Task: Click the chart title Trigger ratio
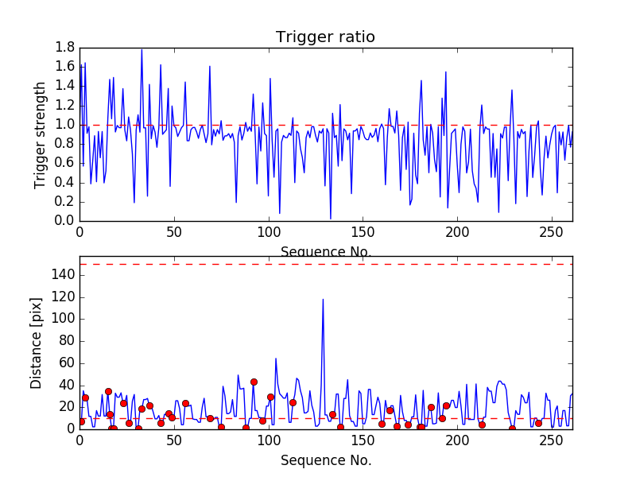coord(325,37)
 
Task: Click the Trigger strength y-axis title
coord(41,135)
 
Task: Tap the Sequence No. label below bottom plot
coord(325,460)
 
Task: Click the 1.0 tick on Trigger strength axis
coord(65,125)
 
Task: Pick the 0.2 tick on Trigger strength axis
coord(65,202)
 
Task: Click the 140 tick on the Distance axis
coord(62,275)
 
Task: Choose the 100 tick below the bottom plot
coord(269,441)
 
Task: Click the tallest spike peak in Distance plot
coord(323,299)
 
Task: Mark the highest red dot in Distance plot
coord(254,382)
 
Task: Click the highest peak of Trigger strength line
coord(142,49)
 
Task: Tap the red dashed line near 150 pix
coord(397,264)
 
